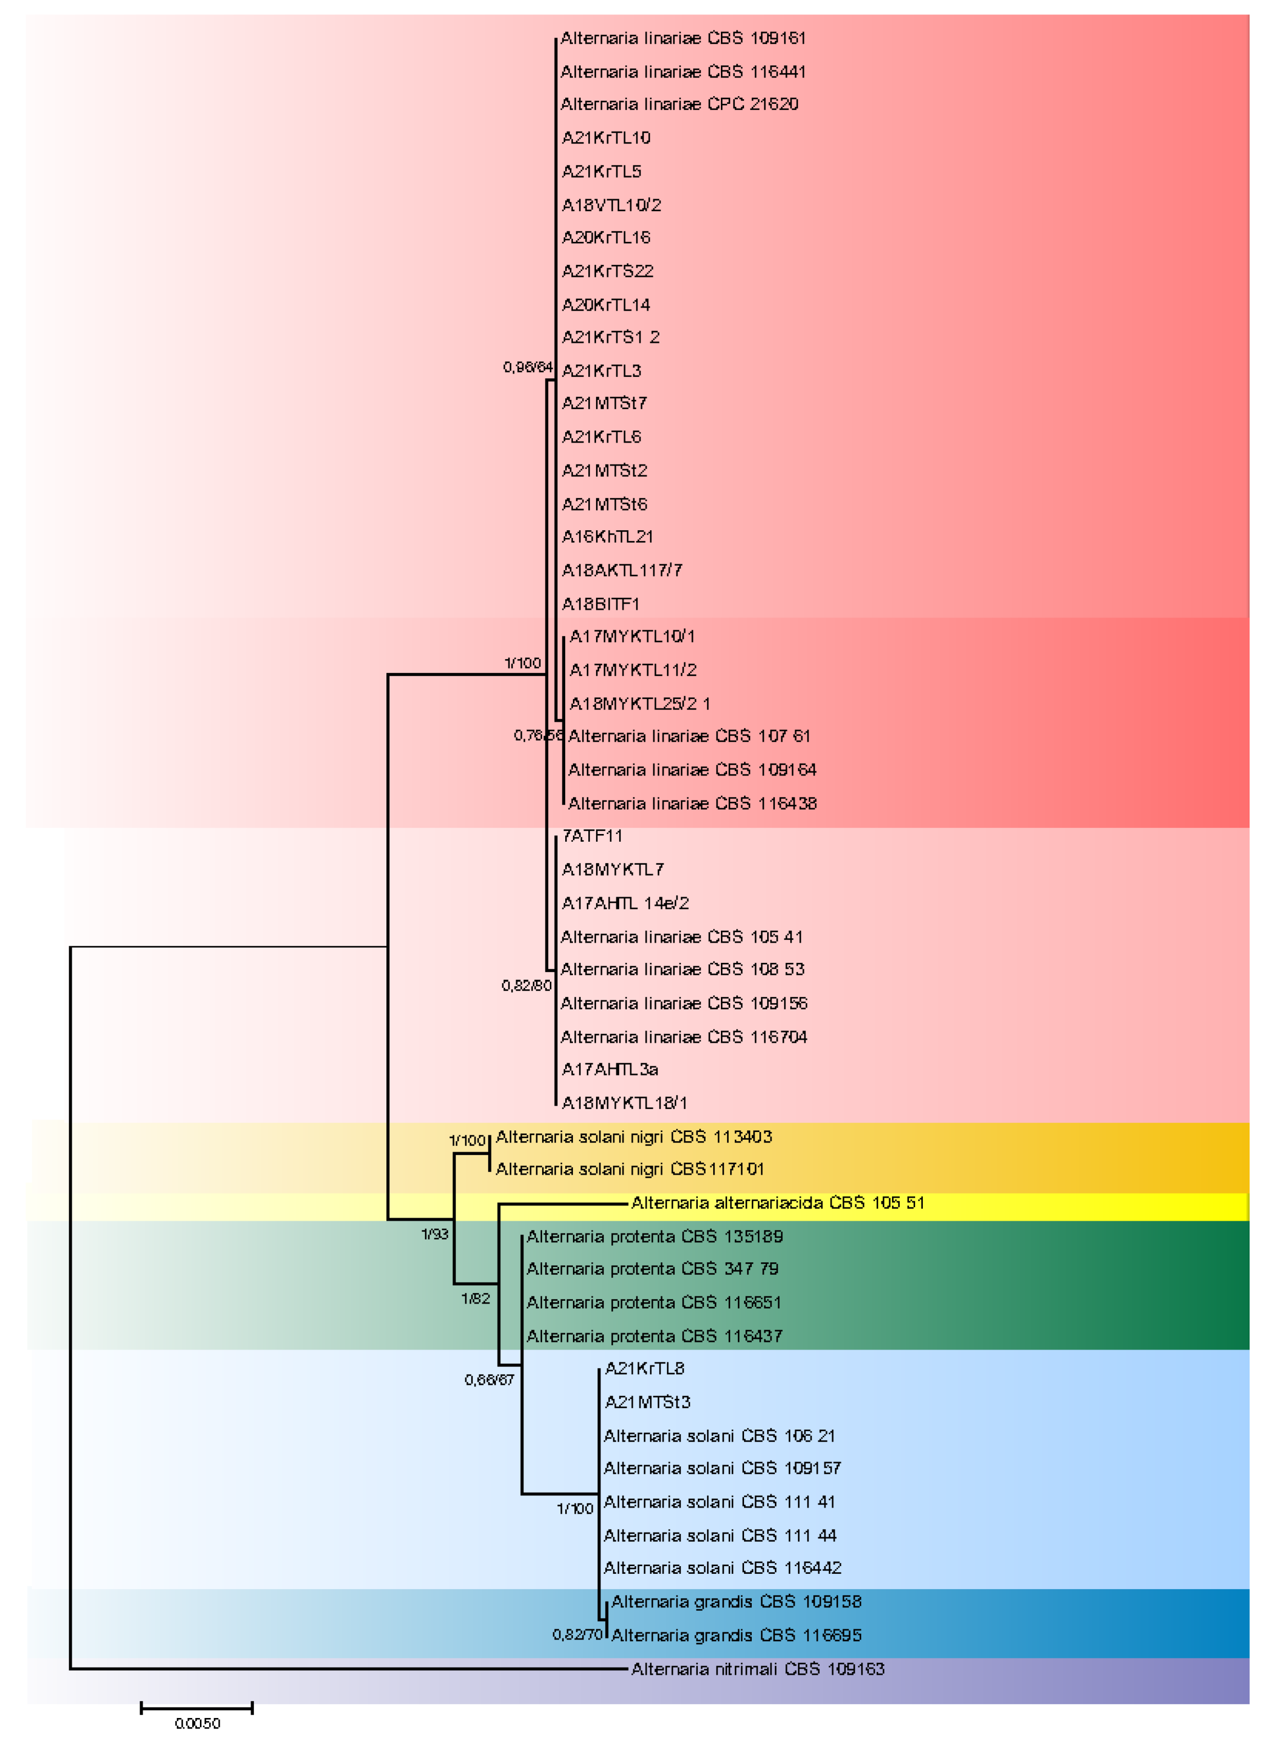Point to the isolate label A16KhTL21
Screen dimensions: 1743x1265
click(607, 536)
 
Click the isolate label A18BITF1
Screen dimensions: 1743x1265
click(600, 604)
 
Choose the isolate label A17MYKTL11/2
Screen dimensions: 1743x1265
click(632, 670)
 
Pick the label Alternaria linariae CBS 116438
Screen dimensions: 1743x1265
click(692, 804)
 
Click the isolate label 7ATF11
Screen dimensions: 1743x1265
click(592, 836)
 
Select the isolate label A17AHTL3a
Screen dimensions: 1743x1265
click(609, 1070)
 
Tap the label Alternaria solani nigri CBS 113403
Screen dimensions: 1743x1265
click(633, 1137)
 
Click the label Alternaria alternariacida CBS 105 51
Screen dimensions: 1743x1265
click(777, 1203)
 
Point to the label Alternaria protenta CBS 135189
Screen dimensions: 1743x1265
click(654, 1236)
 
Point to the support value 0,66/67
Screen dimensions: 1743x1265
click(489, 1380)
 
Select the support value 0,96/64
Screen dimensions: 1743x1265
click(527, 367)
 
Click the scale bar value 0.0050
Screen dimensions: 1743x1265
click(198, 1724)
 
